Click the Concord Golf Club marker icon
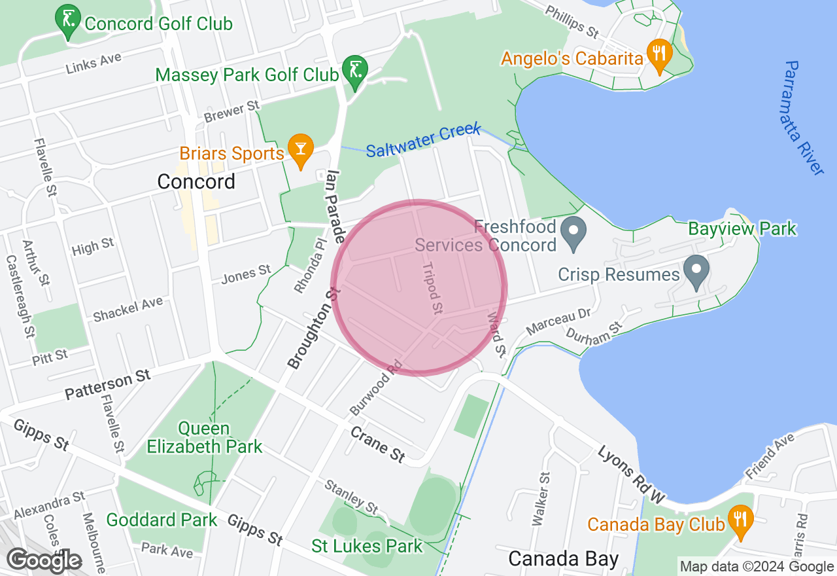67,22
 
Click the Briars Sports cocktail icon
300,151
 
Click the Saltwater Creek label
423,141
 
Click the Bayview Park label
742,228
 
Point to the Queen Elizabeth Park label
204,438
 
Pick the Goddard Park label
162,520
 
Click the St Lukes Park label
367,546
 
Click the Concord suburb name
196,181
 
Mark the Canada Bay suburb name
563,558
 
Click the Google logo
44,561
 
